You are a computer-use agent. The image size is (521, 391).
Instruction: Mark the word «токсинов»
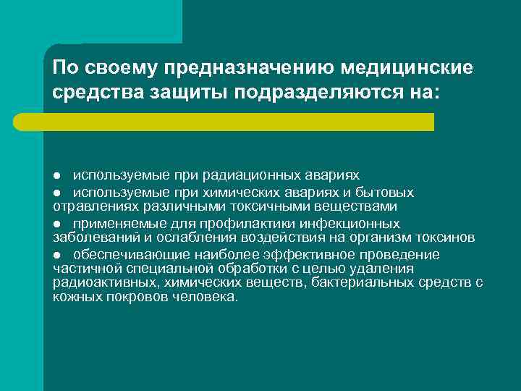(x=447, y=236)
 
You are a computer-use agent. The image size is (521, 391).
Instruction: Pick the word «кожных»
(x=73, y=297)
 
